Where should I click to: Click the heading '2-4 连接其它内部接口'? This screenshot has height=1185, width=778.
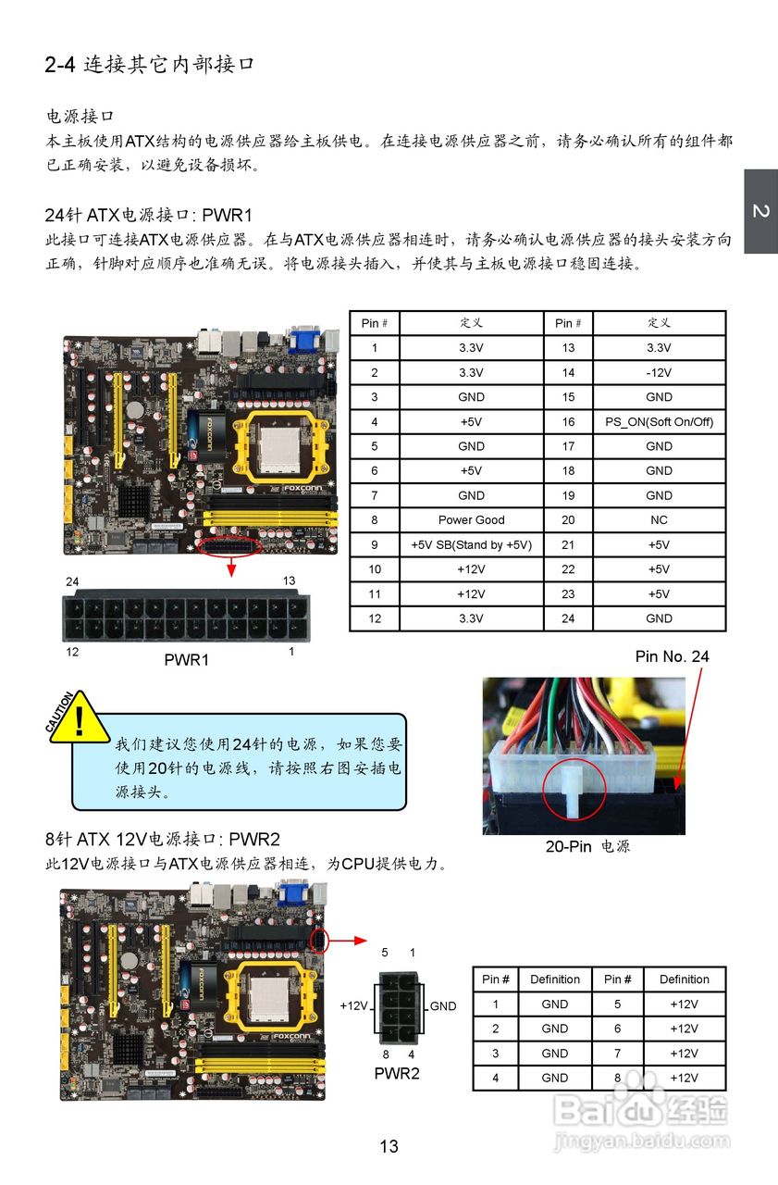(149, 65)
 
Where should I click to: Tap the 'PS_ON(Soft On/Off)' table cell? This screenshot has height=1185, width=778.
(659, 422)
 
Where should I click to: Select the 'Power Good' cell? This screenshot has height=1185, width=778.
(471, 520)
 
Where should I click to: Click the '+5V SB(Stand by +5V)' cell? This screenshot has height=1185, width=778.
(471, 545)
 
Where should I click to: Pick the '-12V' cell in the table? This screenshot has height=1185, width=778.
(659, 373)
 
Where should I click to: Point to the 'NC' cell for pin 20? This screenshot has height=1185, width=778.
(659, 520)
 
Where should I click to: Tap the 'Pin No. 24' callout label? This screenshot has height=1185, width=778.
(672, 656)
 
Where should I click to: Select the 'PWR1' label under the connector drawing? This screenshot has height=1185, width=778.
(186, 661)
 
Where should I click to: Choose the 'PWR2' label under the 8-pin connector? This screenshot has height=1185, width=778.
(396, 1074)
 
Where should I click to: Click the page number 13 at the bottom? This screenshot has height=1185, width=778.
(389, 1147)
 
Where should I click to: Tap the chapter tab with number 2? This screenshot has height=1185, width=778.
(760, 212)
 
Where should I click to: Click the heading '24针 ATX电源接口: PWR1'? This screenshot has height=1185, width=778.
(149, 216)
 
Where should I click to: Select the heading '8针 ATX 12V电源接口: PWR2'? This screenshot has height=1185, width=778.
(162, 840)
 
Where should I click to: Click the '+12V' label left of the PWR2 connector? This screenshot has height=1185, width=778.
(355, 1005)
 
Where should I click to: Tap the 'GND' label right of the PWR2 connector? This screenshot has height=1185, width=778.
(443, 1006)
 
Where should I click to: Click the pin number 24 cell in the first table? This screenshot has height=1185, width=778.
(567, 618)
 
